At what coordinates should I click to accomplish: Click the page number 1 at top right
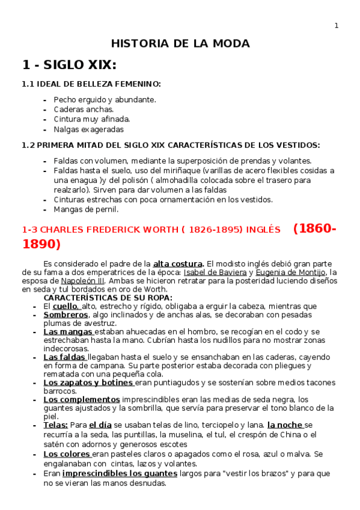click(337, 25)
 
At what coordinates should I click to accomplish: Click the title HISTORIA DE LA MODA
click(180, 44)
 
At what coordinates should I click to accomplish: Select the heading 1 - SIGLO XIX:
click(69, 65)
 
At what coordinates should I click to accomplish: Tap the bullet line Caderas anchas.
click(84, 109)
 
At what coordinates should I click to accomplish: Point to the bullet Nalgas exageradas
click(88, 129)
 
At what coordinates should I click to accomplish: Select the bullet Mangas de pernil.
click(86, 209)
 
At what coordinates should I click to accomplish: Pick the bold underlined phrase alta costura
click(178, 263)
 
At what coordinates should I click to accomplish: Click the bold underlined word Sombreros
click(66, 315)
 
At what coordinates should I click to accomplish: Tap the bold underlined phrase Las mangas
click(69, 331)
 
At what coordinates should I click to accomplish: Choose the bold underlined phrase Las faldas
click(65, 357)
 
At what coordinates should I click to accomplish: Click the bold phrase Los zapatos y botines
click(88, 382)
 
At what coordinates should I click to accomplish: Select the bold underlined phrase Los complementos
click(81, 399)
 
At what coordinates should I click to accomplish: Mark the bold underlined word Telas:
click(56, 425)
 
